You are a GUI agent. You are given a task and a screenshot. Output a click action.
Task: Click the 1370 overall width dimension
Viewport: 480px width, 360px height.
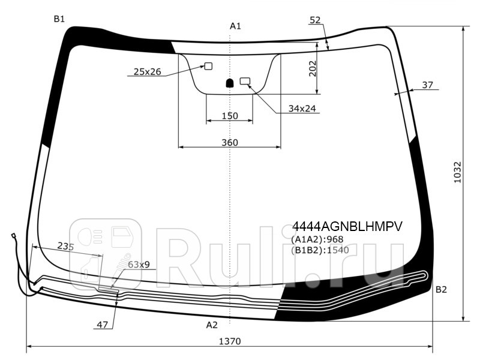click(230, 341)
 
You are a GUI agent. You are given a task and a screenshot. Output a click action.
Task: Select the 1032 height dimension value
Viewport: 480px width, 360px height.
click(457, 172)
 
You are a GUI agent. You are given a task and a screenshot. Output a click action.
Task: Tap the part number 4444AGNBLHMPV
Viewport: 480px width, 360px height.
click(347, 227)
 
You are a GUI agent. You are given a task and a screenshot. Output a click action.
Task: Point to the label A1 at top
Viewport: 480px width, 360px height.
click(235, 26)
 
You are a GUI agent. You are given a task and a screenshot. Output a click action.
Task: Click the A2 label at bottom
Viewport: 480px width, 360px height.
click(212, 325)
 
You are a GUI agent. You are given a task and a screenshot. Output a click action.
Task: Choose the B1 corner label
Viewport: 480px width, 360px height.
click(59, 19)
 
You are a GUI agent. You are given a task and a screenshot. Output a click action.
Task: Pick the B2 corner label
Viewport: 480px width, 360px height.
click(441, 289)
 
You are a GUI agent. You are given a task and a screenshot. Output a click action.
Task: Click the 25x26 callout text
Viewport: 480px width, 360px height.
click(147, 71)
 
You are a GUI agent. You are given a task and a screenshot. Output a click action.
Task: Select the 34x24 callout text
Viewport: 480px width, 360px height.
click(302, 109)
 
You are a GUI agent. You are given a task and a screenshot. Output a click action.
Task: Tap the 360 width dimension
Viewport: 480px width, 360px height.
click(230, 143)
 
